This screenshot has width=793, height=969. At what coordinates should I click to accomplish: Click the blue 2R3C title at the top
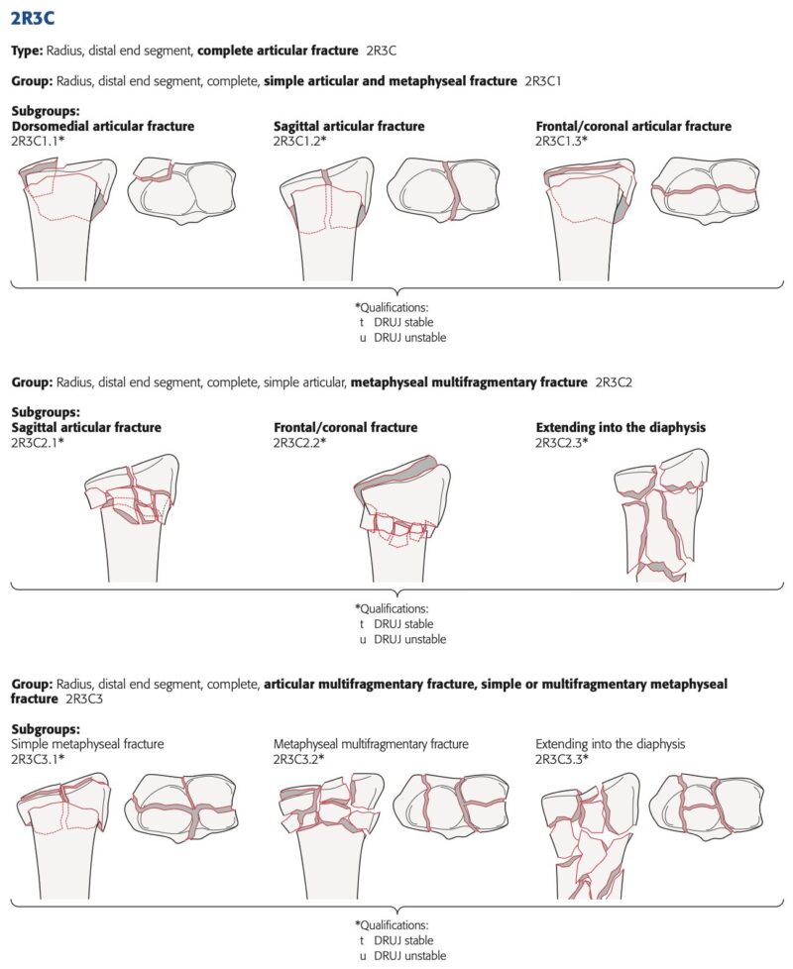pos(33,19)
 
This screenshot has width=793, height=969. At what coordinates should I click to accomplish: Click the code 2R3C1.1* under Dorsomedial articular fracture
pos(38,141)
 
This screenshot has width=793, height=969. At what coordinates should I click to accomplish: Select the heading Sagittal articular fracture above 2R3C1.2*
pos(349,126)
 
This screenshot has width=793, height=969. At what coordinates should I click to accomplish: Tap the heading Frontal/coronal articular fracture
pos(633,126)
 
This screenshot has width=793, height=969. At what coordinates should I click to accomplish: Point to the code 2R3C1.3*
pos(562,141)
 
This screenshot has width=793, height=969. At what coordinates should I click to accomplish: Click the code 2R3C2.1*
pos(38,443)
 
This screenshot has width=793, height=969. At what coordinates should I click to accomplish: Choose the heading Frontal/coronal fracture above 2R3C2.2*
pos(346,428)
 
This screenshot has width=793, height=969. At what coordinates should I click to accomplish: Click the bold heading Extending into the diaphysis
pos(621,428)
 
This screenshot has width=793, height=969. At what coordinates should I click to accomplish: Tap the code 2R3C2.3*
pos(562,443)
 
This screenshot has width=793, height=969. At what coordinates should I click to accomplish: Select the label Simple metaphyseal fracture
pos(88,744)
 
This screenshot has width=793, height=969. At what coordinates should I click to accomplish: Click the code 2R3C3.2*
pos(299,759)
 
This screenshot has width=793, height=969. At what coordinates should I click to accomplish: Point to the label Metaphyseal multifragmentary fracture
pos(371,744)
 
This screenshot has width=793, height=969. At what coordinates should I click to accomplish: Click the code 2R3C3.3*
pos(562,759)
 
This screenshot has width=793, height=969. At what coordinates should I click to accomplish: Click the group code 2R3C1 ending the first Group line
pos(542,81)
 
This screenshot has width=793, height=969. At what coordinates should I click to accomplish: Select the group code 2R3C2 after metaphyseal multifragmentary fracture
pos(614,382)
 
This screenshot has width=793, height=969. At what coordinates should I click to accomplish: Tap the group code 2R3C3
pos(84,699)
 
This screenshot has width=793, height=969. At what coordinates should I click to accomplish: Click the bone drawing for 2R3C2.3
pos(661,515)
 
